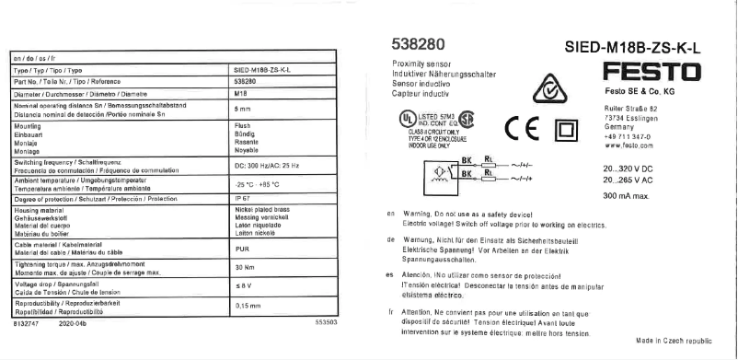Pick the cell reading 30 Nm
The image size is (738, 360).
coord(244,267)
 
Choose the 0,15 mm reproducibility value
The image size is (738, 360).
coord(248,303)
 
